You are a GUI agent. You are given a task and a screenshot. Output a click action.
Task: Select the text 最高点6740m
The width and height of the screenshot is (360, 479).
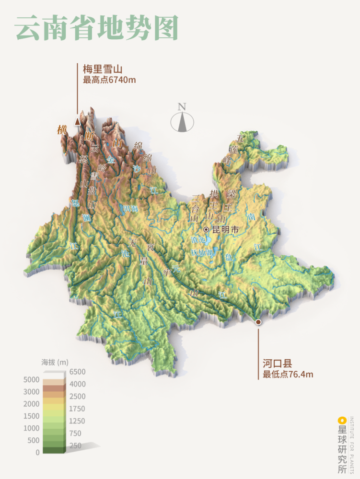[109, 80]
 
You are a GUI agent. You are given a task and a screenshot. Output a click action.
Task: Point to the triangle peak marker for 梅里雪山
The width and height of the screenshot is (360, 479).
[77, 121]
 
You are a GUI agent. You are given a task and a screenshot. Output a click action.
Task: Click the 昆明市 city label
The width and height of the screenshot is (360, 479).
[225, 229]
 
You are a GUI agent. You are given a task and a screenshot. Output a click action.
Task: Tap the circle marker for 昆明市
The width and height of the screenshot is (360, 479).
[206, 229]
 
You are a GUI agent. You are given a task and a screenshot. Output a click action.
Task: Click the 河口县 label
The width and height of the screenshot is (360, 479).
[277, 364]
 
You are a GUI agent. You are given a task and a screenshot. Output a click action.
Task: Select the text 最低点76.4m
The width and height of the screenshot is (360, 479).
[288, 374]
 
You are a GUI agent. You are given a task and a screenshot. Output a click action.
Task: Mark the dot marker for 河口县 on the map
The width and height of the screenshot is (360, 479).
[258, 322]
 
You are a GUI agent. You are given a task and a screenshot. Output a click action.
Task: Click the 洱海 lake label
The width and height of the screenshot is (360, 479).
[131, 208]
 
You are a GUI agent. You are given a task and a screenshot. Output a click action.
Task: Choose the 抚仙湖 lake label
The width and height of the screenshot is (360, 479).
[202, 252]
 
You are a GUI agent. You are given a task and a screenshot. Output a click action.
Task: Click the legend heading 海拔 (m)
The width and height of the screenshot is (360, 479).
[55, 362]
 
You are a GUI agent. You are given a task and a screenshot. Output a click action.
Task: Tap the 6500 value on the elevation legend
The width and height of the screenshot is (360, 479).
[77, 372]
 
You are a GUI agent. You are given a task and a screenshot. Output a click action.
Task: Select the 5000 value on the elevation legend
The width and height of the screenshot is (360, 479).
[31, 380]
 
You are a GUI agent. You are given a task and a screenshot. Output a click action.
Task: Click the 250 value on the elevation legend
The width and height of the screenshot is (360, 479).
[75, 445]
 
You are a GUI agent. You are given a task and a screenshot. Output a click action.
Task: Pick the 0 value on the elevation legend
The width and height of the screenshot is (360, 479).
[37, 452]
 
